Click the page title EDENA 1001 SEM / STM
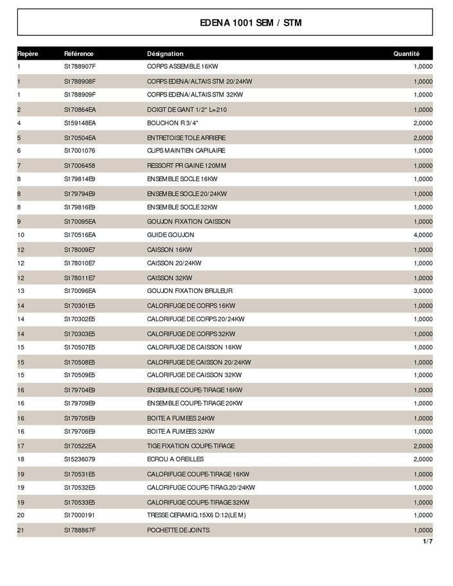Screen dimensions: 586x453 [x=251, y=23]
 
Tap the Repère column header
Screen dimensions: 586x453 [x=28, y=54]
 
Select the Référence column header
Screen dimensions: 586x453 [x=78, y=54]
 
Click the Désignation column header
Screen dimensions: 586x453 [x=165, y=54]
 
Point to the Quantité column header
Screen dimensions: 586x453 [x=406, y=54]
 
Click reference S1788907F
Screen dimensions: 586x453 [x=80, y=66]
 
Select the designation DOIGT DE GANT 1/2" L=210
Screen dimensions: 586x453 [x=187, y=110]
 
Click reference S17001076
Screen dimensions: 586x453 [x=80, y=150]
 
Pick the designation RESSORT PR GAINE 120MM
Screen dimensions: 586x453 [x=186, y=166]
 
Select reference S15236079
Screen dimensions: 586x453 [x=80, y=459]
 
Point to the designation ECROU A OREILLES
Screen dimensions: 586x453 [x=175, y=459]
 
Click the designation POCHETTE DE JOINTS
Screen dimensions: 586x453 [x=178, y=530]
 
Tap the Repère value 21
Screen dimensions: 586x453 [x=21, y=530]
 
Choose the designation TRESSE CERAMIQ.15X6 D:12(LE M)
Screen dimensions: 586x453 [x=197, y=515]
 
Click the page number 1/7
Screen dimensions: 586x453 [x=427, y=542]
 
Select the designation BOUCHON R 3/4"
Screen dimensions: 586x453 [x=173, y=123]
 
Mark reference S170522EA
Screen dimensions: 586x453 [x=80, y=446]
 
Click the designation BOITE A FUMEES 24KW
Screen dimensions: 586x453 [x=181, y=418]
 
